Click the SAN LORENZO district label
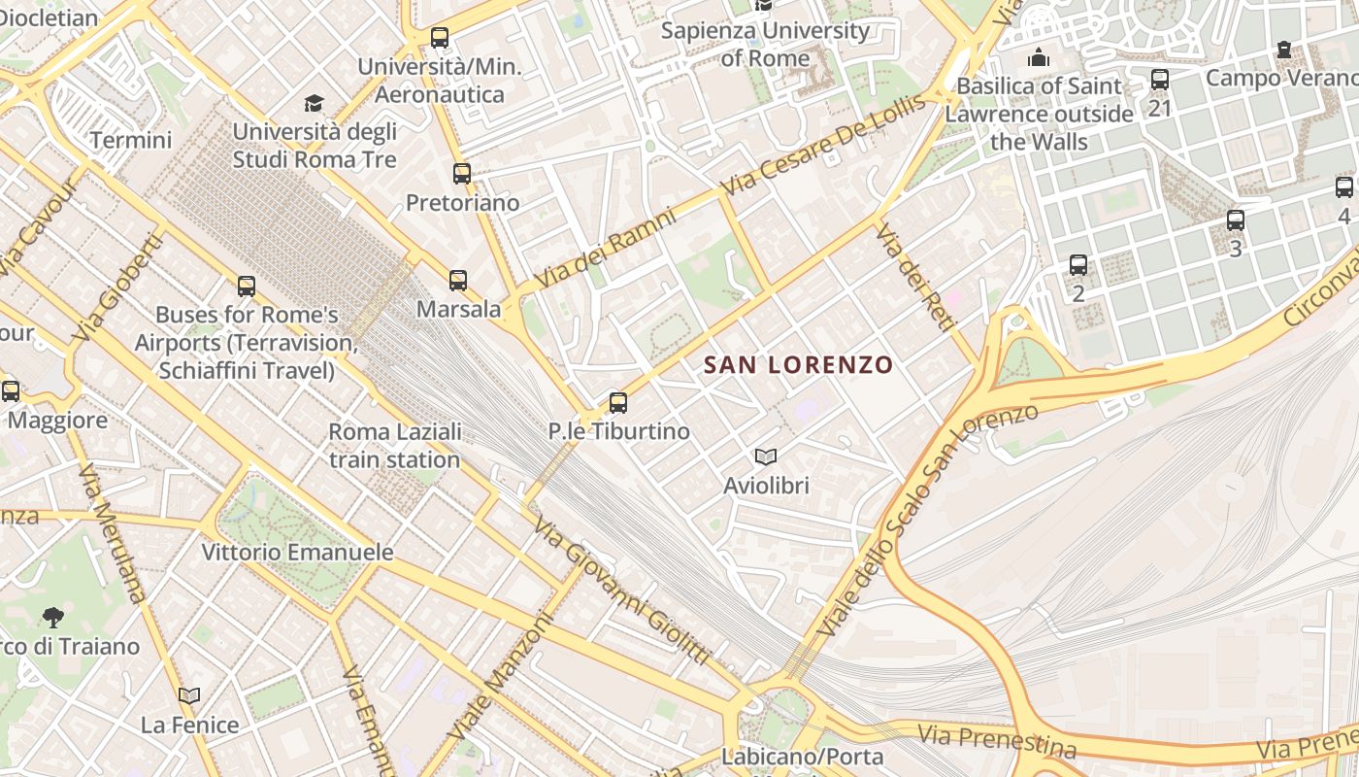(798, 365)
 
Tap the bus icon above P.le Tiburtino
(618, 402)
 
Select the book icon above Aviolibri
(766, 456)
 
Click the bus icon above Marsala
(458, 281)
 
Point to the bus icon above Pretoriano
(462, 174)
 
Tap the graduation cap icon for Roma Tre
(314, 103)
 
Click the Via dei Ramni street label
(604, 249)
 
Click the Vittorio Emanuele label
(297, 553)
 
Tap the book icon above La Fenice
(189, 695)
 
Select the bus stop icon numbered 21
(1160, 80)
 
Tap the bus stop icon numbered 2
(1078, 264)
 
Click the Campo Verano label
(1281, 78)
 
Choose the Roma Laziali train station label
(394, 445)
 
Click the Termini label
(131, 140)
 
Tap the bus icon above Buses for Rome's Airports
(247, 287)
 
